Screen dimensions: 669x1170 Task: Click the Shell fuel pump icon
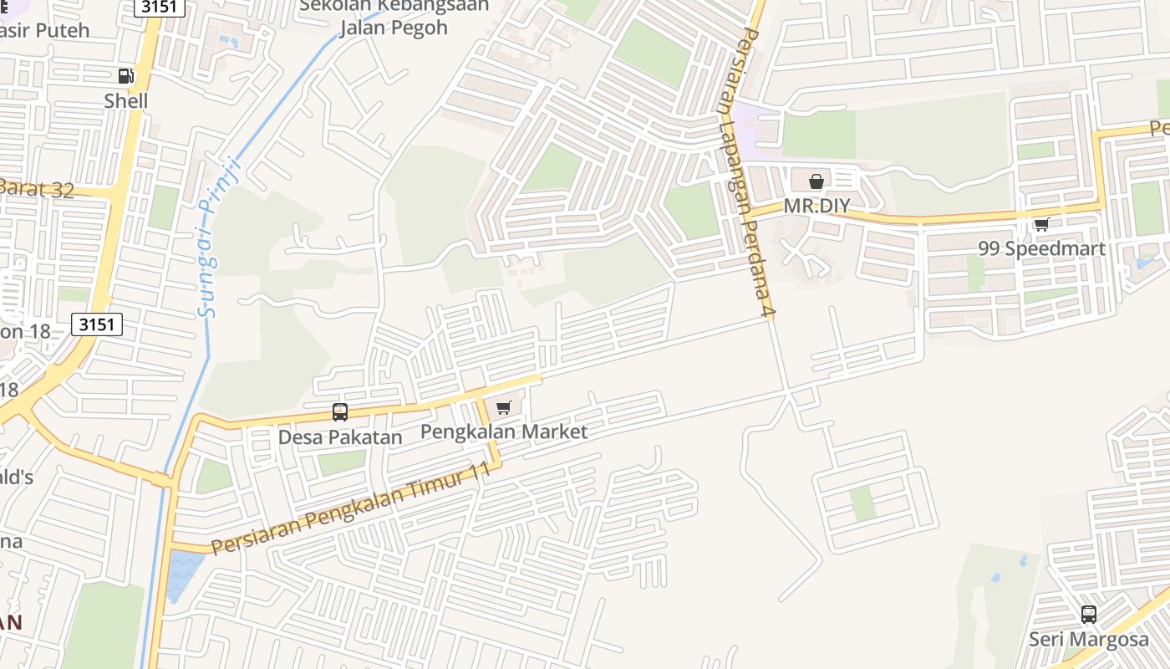[x=125, y=76]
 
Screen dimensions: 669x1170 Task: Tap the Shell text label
[x=126, y=101]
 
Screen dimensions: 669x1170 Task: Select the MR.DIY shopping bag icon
[x=816, y=181]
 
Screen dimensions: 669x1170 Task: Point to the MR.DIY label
[x=816, y=206]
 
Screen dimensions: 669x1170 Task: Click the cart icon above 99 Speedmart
[x=1041, y=224]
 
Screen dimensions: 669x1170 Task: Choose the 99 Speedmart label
[x=1041, y=248]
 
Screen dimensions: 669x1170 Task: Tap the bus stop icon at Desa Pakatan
[x=340, y=411]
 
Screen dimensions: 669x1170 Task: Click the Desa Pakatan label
[x=340, y=437]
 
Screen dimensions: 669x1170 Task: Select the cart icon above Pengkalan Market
[x=503, y=407]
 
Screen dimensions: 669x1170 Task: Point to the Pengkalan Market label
[x=503, y=432]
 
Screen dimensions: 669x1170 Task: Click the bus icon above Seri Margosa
[x=1088, y=615]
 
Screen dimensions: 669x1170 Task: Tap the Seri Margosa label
[x=1088, y=640]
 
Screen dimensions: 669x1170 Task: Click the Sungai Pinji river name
[x=220, y=238]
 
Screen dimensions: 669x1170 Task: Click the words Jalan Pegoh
[x=394, y=28]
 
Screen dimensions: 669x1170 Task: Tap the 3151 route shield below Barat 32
[x=97, y=324]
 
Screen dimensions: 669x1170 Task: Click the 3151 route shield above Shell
[x=159, y=7]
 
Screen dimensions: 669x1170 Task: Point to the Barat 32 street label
[x=38, y=189]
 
